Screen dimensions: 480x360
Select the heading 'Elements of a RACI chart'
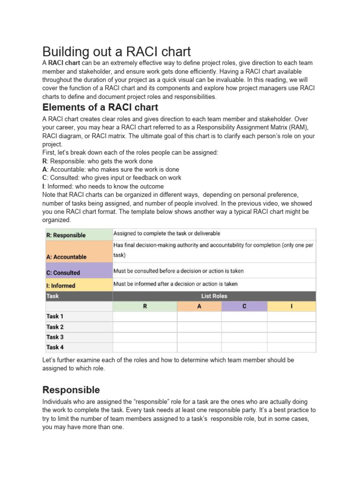pos(100,107)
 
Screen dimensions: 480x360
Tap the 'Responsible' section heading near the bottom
pos(71,390)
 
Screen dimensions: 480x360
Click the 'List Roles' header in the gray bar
pos(214,296)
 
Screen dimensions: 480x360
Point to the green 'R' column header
pos(145,306)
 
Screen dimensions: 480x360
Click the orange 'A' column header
pos(199,306)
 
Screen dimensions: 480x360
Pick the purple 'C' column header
pos(244,306)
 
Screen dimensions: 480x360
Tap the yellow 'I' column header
pos(292,306)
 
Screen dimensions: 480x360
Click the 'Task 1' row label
pos(55,316)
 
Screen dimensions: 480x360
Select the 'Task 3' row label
pos(55,337)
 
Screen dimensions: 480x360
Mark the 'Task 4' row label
pos(55,347)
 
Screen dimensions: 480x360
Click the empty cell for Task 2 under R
pos(145,327)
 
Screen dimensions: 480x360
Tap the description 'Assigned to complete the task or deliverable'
pos(167,233)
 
